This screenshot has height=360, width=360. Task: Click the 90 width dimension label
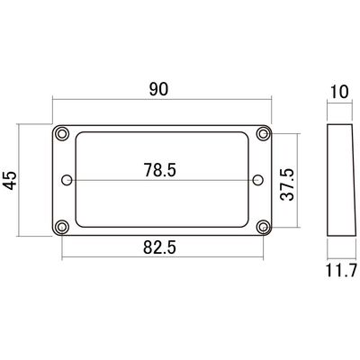(159, 89)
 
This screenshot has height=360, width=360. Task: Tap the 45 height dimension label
(11, 181)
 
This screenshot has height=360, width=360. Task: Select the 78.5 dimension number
(159, 170)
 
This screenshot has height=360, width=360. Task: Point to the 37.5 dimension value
(287, 184)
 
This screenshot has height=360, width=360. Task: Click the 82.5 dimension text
(159, 247)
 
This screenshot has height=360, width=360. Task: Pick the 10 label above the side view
(339, 92)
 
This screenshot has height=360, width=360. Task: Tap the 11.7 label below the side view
(341, 270)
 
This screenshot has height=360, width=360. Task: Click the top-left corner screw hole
(61, 133)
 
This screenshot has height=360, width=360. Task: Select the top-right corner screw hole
(263, 133)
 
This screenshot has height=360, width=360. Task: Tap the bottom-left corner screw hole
(61, 227)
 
